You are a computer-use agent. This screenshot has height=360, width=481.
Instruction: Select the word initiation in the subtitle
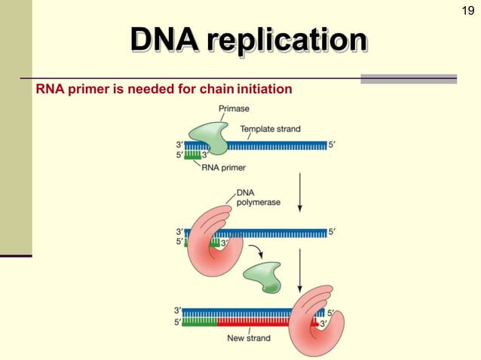[264, 90]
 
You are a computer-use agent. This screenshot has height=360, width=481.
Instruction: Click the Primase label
[234, 109]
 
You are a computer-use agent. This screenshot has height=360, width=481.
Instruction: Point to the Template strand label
[270, 129]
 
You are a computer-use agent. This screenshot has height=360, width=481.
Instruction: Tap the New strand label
[249, 338]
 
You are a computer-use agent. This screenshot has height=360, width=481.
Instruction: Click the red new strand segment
[256, 322]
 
